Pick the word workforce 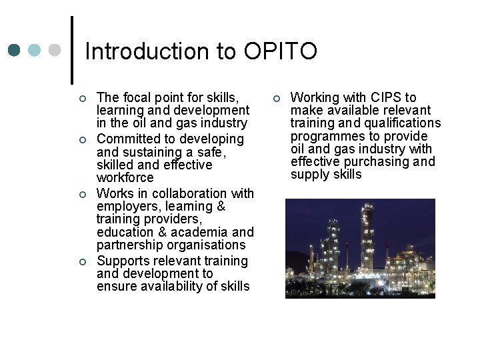point(125,178)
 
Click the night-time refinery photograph point(360,248)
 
